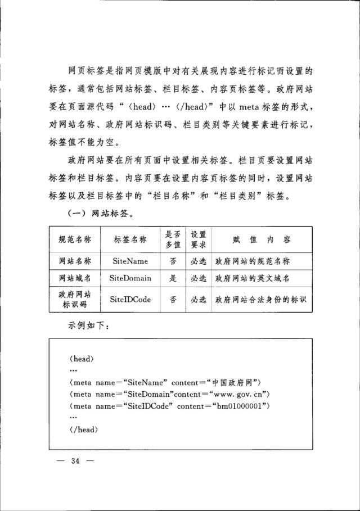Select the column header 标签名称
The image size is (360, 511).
(130, 240)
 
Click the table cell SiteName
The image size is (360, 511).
(130, 261)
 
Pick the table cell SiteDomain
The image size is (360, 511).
(130, 278)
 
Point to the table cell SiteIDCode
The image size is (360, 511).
(130, 300)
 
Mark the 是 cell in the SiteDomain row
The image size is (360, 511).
(173, 278)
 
